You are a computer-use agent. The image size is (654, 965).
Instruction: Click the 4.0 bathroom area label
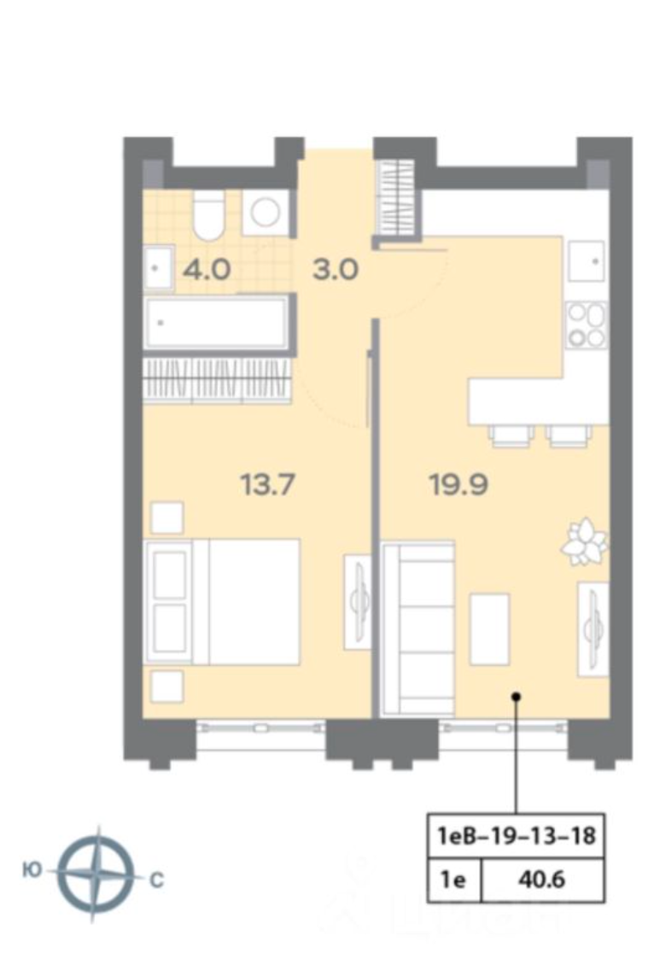pyautogui.click(x=207, y=270)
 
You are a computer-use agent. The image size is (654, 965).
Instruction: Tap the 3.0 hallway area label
pyautogui.click(x=336, y=270)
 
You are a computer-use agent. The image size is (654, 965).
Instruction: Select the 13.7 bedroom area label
pyautogui.click(x=267, y=484)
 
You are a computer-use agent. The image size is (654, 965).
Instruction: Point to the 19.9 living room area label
pyautogui.click(x=459, y=484)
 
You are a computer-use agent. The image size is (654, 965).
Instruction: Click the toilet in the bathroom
pyautogui.click(x=208, y=215)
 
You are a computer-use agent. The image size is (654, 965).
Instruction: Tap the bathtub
pyautogui.click(x=216, y=322)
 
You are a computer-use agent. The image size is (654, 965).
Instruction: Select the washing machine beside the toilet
pyautogui.click(x=266, y=213)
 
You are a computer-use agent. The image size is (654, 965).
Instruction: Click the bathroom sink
pyautogui.click(x=159, y=267)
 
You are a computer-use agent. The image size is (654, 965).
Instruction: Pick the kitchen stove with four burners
pyautogui.click(x=587, y=325)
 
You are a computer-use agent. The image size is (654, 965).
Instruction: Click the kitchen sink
pyautogui.click(x=587, y=261)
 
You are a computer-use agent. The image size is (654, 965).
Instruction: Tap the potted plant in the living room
pyautogui.click(x=584, y=541)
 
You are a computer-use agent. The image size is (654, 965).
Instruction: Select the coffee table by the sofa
pyautogui.click(x=490, y=629)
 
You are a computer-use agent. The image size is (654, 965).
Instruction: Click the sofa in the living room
pyautogui.click(x=418, y=629)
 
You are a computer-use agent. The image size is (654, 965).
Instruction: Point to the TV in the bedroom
pyautogui.click(x=358, y=600)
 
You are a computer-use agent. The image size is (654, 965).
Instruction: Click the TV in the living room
pyautogui.click(x=593, y=629)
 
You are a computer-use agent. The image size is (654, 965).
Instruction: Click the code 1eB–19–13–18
pyautogui.click(x=517, y=836)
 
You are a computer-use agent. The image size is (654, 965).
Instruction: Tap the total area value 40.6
pyautogui.click(x=541, y=880)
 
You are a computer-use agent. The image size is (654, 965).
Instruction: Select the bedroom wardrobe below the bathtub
pyautogui.click(x=217, y=380)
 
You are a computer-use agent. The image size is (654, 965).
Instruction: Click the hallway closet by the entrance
pyautogui.click(x=398, y=197)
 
